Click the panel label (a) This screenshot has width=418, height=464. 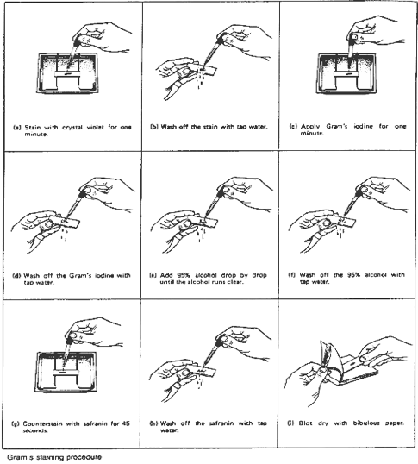coord(17,128)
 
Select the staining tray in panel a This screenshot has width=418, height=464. coord(68,72)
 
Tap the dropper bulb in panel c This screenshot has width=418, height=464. coord(354,37)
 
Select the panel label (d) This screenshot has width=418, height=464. coord(16,276)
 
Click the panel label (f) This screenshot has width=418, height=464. coord(291,275)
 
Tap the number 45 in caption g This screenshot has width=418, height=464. coord(126,423)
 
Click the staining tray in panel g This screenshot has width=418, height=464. coord(66,372)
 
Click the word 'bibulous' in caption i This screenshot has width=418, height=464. coord(366,423)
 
